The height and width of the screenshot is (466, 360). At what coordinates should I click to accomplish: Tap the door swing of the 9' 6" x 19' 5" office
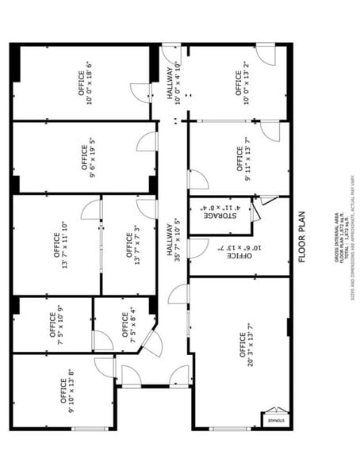147,142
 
